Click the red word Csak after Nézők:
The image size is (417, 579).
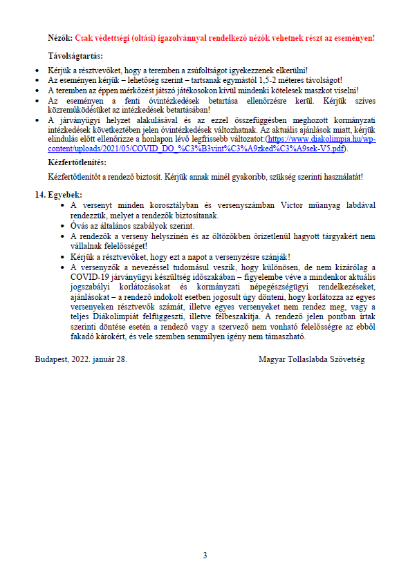point(84,38)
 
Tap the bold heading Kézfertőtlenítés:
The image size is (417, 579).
point(76,162)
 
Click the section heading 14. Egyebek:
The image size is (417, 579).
point(59,195)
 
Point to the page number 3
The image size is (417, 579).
point(205,556)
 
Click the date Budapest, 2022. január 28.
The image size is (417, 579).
point(81,359)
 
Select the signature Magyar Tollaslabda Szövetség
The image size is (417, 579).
point(311,359)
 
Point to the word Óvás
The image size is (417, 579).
point(80,225)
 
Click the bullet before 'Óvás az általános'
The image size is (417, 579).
point(63,225)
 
